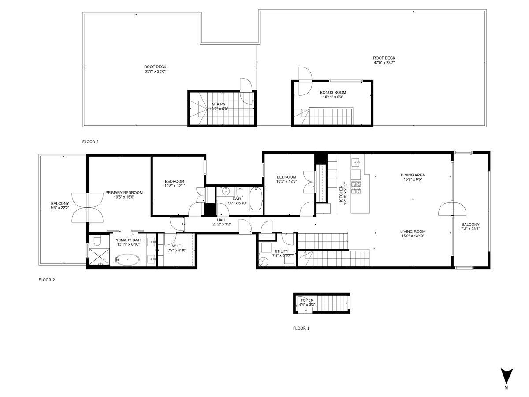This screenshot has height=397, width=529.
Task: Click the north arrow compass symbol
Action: (x=507, y=376)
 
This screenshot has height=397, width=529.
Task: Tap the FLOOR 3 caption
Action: (x=90, y=142)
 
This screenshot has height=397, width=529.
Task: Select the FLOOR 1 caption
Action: (x=301, y=328)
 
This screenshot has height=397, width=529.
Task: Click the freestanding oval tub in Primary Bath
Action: (x=127, y=260)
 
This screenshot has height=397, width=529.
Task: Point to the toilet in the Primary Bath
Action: (x=97, y=241)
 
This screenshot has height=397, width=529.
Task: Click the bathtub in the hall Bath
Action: (x=256, y=199)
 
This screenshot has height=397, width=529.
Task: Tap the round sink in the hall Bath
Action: (x=226, y=191)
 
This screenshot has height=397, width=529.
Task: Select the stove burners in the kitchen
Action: (x=356, y=188)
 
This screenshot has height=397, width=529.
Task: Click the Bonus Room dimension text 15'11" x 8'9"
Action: (x=333, y=97)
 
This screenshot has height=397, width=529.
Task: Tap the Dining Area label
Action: (x=413, y=175)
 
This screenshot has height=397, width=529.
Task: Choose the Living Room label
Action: (x=413, y=232)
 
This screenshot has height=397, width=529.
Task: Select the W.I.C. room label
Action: (x=177, y=246)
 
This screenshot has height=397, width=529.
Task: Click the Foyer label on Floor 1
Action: (x=307, y=300)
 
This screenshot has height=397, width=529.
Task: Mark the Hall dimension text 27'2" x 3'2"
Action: (x=221, y=224)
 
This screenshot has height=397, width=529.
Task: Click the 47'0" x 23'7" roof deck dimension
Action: (x=384, y=63)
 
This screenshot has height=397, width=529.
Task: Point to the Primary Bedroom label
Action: (x=124, y=193)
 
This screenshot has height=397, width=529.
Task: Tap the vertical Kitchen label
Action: (x=341, y=194)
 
